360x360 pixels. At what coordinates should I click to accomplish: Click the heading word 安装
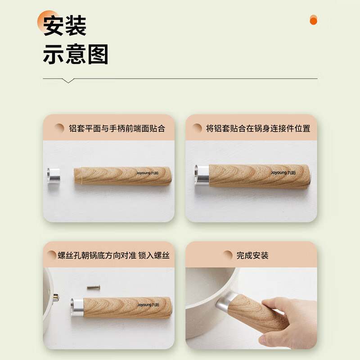pyautogui.click(x=64, y=25)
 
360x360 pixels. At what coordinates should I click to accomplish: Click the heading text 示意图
pyautogui.click(x=75, y=55)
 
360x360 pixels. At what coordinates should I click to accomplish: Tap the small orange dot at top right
pyautogui.click(x=314, y=20)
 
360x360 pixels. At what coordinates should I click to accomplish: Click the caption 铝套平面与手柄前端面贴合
pyautogui.click(x=117, y=128)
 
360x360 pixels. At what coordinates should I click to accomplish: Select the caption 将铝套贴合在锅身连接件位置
pyautogui.click(x=258, y=128)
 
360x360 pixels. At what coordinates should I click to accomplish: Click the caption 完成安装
pyautogui.click(x=252, y=256)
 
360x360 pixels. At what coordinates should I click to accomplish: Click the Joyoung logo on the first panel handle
pyautogui.click(x=148, y=172)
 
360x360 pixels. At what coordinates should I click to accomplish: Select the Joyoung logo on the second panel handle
pyautogui.click(x=283, y=172)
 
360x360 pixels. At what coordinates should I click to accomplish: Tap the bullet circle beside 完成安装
pyautogui.click(x=228, y=256)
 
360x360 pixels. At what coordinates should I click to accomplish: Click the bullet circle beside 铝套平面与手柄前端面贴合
pyautogui.click(x=59, y=128)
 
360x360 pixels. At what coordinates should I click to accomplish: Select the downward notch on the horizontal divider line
pyautogui.click(x=68, y=81)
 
